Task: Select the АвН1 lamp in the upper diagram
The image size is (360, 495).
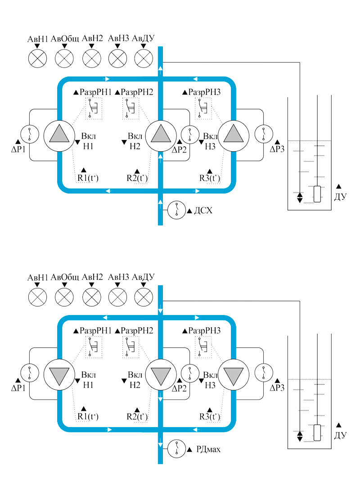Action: coord(38,58)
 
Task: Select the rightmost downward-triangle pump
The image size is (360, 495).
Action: coord(233,373)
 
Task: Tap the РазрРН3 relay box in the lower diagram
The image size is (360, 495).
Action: coord(203,346)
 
